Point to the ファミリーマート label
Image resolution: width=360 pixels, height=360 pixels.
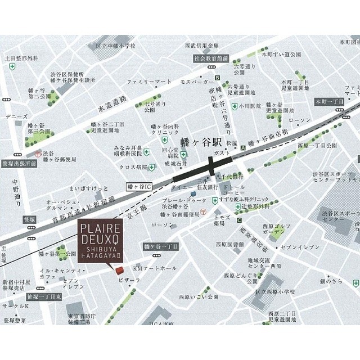point(149,82)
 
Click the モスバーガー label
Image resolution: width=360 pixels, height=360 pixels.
point(195,82)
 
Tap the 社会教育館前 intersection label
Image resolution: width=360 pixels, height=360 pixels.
point(211,58)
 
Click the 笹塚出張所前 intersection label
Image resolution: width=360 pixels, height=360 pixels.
point(19,163)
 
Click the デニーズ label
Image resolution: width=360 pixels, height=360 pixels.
point(16,116)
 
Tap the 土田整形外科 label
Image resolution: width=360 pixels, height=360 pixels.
point(21,57)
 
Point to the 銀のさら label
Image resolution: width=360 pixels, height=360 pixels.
point(331,280)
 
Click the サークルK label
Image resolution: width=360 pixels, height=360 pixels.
point(15,306)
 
